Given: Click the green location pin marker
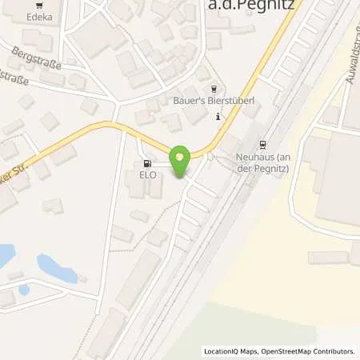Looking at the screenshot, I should point(181,162).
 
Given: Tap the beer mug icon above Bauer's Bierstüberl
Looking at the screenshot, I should point(211,90).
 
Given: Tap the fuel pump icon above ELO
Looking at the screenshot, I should point(146,162).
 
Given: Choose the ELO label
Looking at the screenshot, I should point(146,174).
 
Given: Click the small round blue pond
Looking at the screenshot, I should point(24,290).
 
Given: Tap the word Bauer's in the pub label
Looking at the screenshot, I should point(186,102).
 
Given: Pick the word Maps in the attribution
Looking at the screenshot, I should point(246,351).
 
